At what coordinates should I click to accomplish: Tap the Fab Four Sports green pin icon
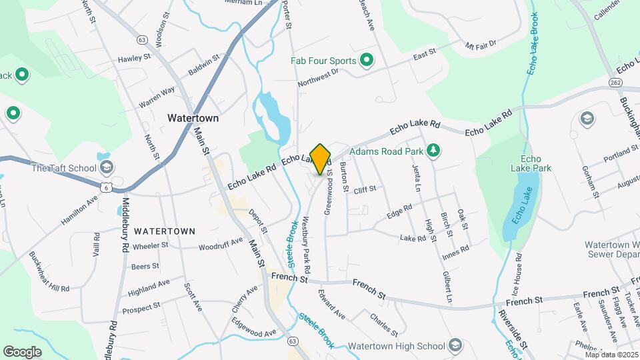pyautogui.click(x=366, y=61)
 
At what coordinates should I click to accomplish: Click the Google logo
pyautogui.click(x=22, y=351)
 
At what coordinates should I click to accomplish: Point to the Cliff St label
pyautogui.click(x=365, y=189)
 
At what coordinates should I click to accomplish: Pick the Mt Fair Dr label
pyautogui.click(x=481, y=45)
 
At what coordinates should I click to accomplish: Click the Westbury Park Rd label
pyautogui.click(x=306, y=245)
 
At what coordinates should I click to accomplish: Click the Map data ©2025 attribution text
pyautogui.click(x=611, y=355)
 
